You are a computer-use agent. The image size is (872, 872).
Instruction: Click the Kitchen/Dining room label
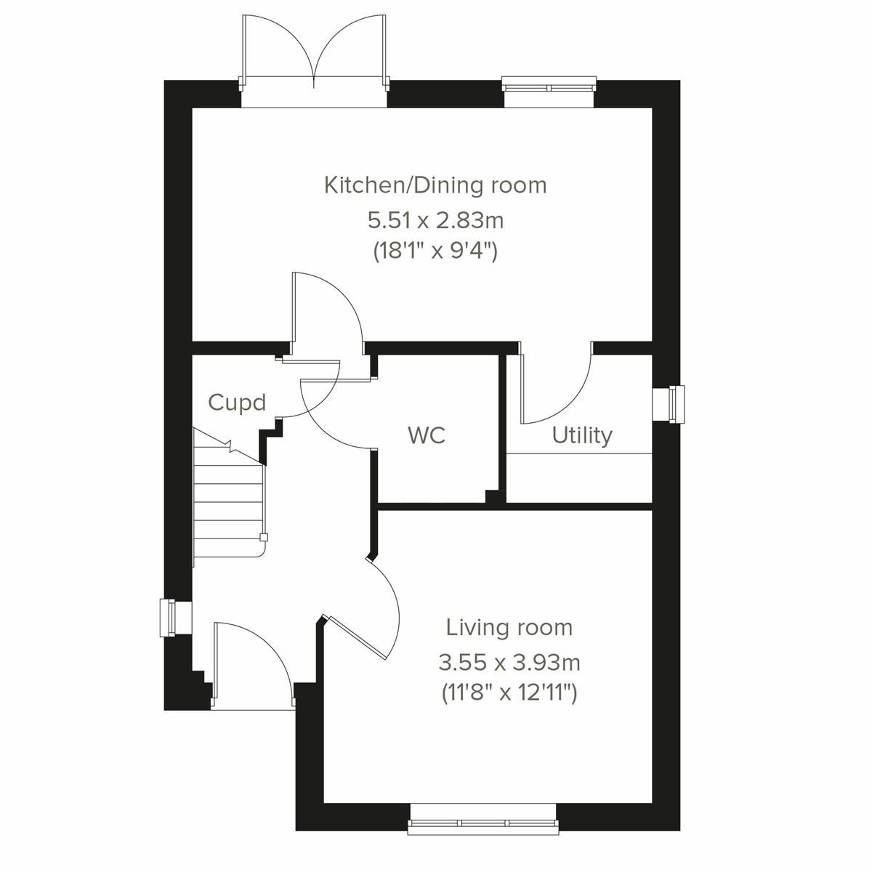[x=435, y=185]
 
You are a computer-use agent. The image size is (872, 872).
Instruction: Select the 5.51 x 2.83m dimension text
[x=435, y=219]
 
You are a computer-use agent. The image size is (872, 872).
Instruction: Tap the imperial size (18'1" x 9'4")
[x=435, y=251]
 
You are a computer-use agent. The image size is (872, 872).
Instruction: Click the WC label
[x=427, y=435]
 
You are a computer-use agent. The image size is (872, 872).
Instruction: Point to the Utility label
[x=581, y=435]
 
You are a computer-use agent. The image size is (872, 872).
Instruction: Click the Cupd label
[x=237, y=403]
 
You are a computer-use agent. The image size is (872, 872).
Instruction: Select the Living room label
[x=509, y=626]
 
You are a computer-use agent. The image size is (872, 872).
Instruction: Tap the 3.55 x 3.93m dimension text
[x=509, y=662]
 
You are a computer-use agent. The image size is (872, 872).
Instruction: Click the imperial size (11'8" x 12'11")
[x=509, y=694]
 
